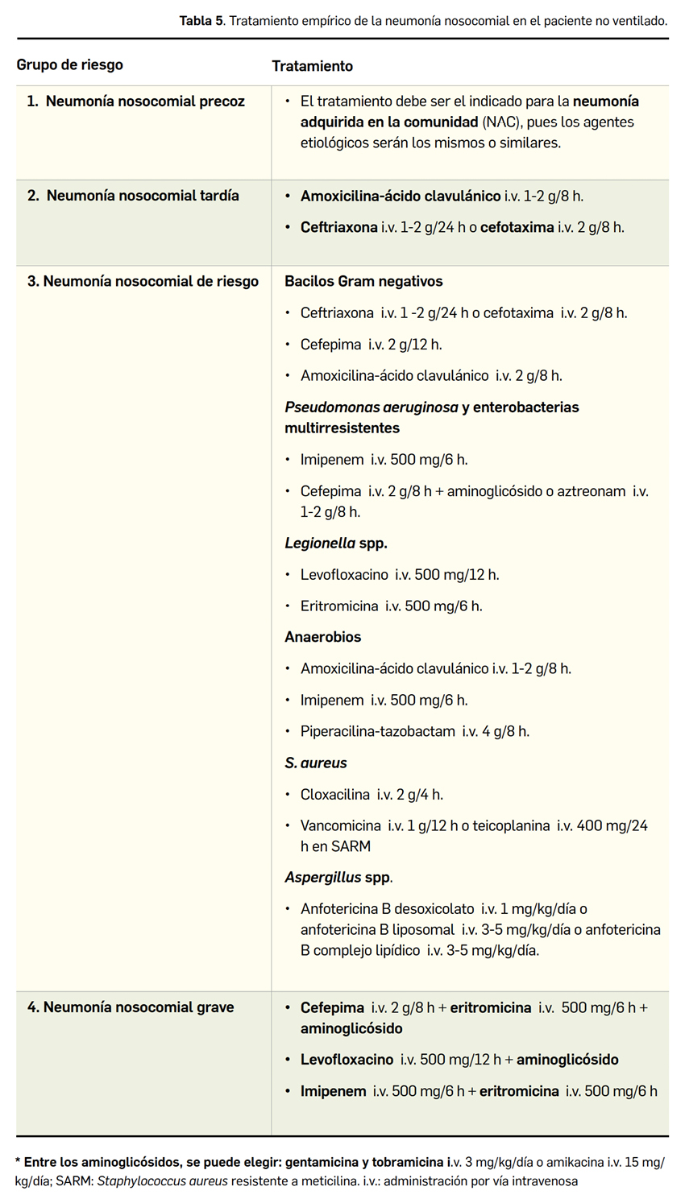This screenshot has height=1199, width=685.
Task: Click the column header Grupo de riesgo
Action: coord(70,64)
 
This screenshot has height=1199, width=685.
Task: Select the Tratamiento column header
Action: coord(312,65)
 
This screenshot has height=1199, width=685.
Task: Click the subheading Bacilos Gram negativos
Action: coord(363,281)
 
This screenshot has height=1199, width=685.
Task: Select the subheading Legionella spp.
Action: coord(336,543)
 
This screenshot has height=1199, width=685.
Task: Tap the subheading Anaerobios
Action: coord(322,637)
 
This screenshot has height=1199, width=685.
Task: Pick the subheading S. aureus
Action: coord(316,763)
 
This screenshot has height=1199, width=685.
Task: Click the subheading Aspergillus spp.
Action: coord(338,877)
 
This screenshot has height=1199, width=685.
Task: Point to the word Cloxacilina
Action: coord(335,795)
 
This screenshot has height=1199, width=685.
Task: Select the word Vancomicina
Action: coord(340,826)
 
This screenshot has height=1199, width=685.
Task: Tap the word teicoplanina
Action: coord(511,826)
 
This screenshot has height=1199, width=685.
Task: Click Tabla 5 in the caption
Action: coord(201,20)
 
